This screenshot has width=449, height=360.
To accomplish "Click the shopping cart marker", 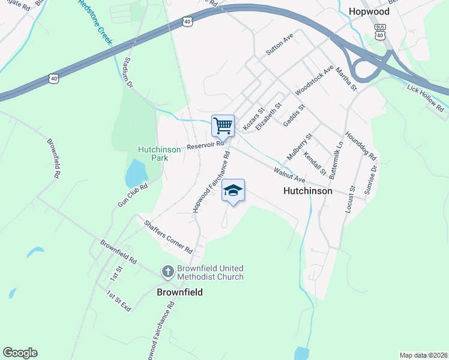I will coord(223,126).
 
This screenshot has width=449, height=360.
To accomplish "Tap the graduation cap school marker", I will coord(233,191).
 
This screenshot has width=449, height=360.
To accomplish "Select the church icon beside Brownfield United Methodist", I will coord(167,272).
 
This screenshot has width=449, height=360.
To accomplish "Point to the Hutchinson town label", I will coord(308,191).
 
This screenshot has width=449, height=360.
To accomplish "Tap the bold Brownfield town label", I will coord(179,292).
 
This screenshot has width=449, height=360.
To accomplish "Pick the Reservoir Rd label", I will coord(205,145).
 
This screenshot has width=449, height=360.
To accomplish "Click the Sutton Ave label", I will coord(279,44).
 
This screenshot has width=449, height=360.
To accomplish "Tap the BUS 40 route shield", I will coord(379,32).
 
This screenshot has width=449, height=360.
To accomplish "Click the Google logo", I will coord(20,353).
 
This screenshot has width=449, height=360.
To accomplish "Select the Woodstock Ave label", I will coord(314,80).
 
